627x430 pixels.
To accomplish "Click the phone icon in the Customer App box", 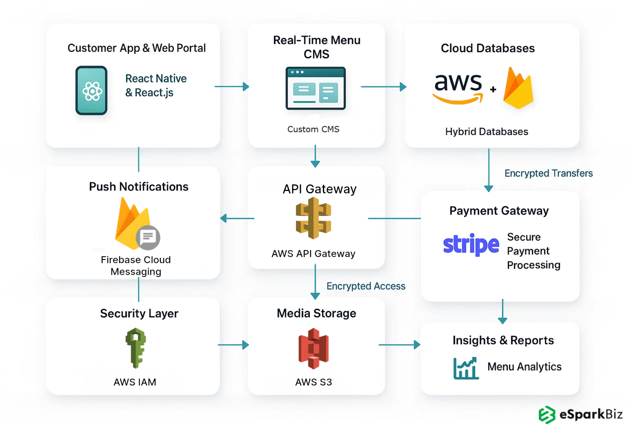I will click(x=91, y=91).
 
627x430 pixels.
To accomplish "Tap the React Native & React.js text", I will click(x=156, y=86).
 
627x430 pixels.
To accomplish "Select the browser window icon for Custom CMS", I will click(x=316, y=89).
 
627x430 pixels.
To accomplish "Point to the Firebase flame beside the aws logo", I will click(x=518, y=89).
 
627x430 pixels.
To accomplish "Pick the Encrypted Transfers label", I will click(x=548, y=173).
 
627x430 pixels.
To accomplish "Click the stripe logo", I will click(x=471, y=244).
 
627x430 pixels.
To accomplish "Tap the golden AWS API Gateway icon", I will click(x=313, y=218).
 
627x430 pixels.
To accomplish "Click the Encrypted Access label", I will click(x=366, y=286).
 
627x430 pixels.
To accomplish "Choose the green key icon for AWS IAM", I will click(x=136, y=348).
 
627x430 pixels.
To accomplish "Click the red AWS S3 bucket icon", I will click(x=313, y=348).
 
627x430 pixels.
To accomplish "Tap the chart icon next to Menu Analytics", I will click(x=466, y=368).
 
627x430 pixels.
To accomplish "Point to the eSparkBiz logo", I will click(x=580, y=414).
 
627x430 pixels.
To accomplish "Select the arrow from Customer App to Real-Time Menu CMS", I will click(x=231, y=86).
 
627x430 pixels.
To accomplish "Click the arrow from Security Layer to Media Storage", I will click(x=233, y=345).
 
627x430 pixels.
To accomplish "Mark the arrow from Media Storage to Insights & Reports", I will click(x=399, y=345).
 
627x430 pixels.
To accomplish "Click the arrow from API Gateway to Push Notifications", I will click(x=237, y=218).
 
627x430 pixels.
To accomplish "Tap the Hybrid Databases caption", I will click(x=487, y=132).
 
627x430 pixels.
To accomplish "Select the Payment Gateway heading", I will click(x=499, y=211).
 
